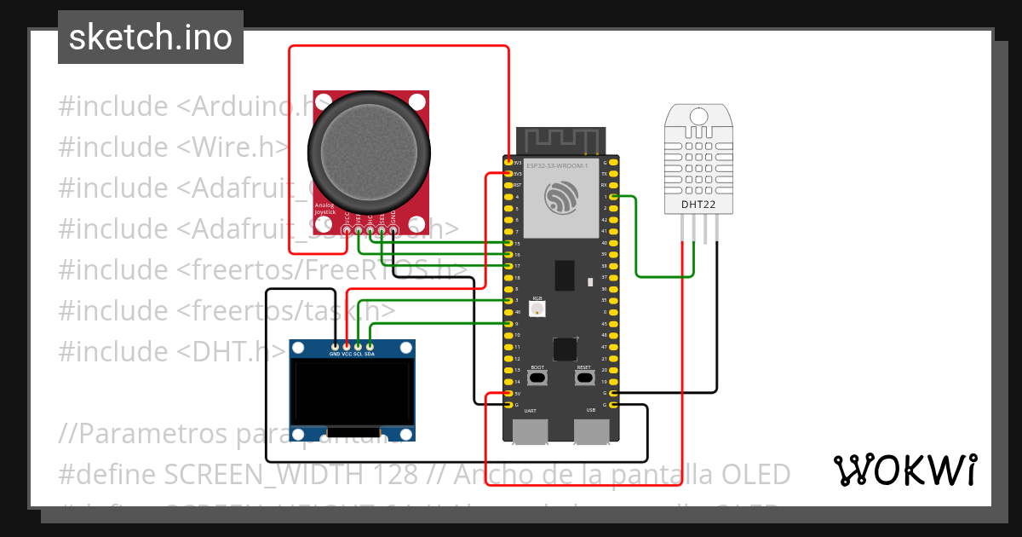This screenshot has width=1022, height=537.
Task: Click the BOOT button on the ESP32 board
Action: pos(537,378)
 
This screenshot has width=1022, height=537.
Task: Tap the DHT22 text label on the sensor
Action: pos(698,205)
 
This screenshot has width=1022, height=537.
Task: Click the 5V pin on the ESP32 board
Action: pos(509,394)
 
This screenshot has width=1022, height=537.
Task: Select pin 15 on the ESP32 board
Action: pos(509,243)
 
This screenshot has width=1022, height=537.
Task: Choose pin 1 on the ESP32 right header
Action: pos(613,197)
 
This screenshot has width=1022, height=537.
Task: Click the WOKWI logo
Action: pos(904,470)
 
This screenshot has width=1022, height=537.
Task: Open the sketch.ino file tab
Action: pos(151,38)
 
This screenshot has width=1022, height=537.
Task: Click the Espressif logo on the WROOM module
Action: pos(561,199)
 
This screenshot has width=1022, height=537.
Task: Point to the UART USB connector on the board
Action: pos(530,432)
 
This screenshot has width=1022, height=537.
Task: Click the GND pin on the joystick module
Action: pos(393,230)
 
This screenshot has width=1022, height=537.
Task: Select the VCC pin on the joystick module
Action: pos(347,230)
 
